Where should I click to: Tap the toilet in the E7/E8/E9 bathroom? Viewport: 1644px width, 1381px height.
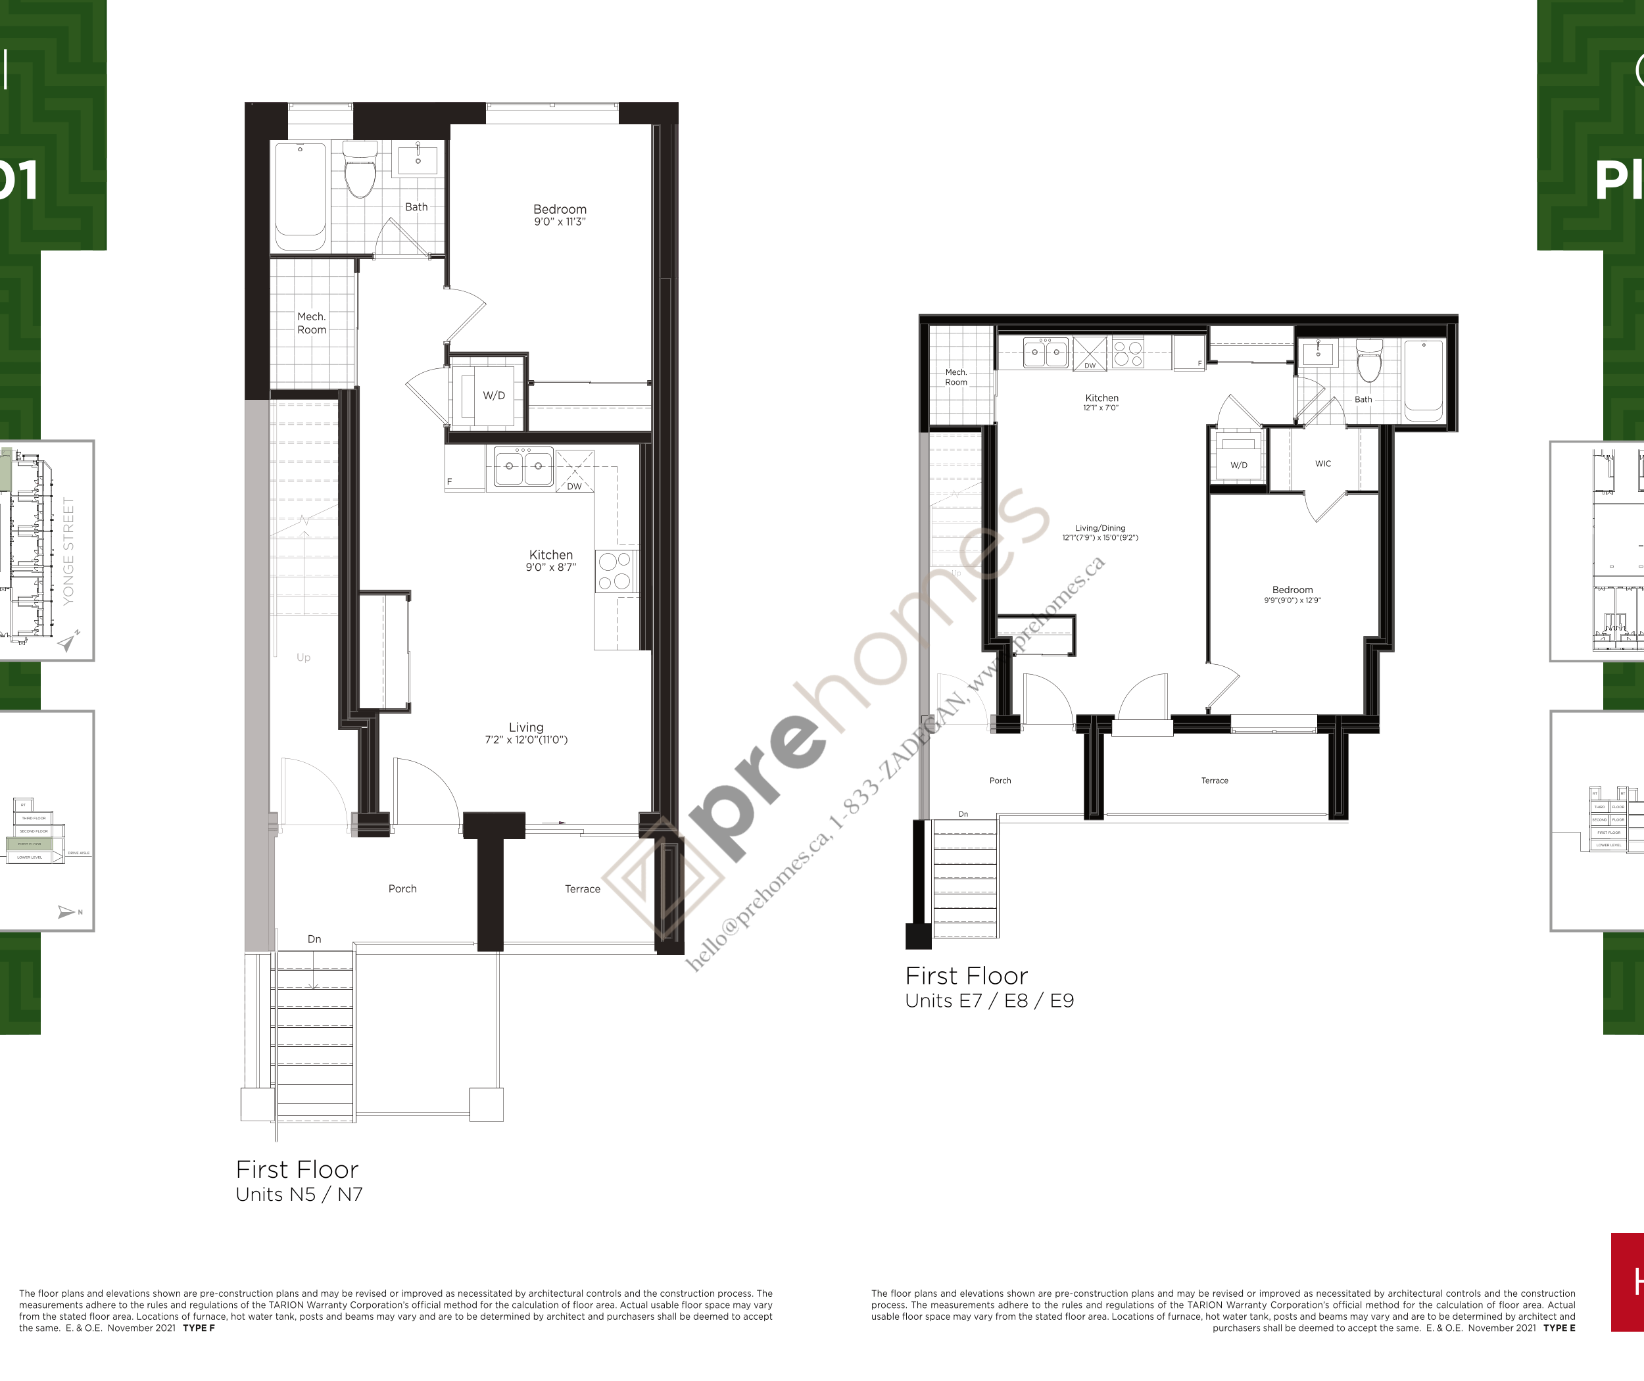pyautogui.click(x=1369, y=362)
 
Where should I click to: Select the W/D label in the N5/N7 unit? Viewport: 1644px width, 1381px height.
pyautogui.click(x=493, y=396)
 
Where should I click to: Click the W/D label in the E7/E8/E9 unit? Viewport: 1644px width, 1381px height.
pyautogui.click(x=1238, y=465)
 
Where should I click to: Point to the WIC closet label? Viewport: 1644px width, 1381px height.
pyautogui.click(x=1323, y=464)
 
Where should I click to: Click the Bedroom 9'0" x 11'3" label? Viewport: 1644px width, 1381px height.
pyautogui.click(x=560, y=214)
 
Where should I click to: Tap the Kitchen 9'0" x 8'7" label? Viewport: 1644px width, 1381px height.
pyautogui.click(x=551, y=560)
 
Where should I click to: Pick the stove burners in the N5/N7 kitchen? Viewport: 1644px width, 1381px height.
pyautogui.click(x=615, y=571)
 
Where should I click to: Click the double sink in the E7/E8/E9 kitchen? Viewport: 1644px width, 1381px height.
pyautogui.click(x=1045, y=353)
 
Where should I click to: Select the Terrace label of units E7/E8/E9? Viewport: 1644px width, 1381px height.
pyautogui.click(x=1214, y=781)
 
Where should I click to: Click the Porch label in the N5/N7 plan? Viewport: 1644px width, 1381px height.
pyautogui.click(x=402, y=888)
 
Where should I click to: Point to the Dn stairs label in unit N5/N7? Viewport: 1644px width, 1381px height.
pyautogui.click(x=314, y=938)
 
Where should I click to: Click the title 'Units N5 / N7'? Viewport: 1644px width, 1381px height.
pyautogui.click(x=299, y=1194)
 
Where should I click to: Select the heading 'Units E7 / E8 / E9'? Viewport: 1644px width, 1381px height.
pyautogui.click(x=990, y=1000)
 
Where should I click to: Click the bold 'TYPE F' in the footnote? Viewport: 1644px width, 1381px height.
pyautogui.click(x=199, y=1328)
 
